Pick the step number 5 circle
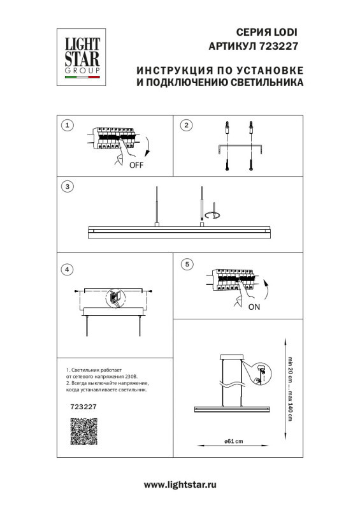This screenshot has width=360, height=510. (186, 263)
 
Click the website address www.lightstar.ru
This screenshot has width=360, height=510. (180, 485)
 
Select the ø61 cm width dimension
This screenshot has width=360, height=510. (233, 444)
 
